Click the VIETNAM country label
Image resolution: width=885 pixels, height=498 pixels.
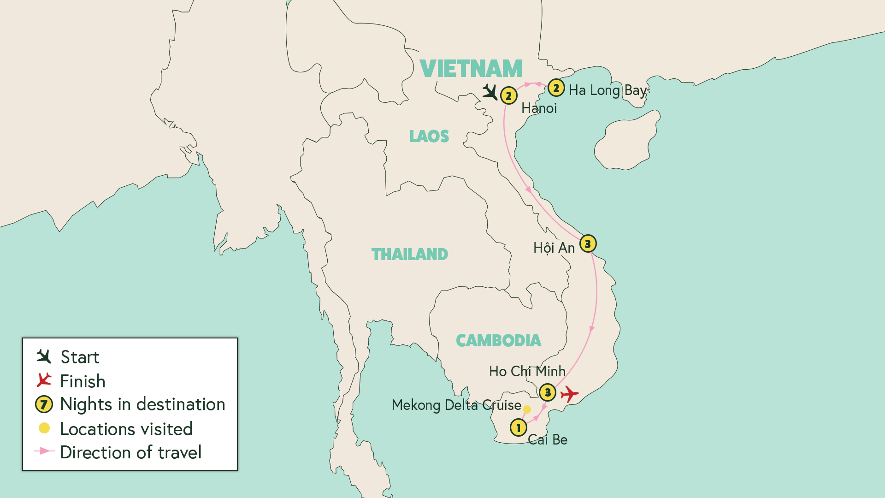[471, 69]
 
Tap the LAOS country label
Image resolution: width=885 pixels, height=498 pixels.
[429, 136]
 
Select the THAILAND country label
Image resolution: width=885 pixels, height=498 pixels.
[409, 255]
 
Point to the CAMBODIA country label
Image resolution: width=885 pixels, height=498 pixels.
[498, 341]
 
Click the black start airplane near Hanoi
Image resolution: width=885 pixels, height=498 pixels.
[490, 92]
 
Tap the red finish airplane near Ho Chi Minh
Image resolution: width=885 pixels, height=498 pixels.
[569, 394]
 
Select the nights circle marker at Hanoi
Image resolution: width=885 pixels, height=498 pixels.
[508, 96]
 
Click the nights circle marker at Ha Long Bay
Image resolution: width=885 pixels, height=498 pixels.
[556, 88]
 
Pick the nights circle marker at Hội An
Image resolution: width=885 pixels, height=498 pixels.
[588, 244]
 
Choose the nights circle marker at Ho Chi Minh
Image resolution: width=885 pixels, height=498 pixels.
[548, 393]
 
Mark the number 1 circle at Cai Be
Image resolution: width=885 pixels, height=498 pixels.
[519, 428]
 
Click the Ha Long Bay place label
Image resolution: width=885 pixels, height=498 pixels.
[608, 90]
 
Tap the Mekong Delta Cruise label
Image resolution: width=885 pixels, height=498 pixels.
[456, 405]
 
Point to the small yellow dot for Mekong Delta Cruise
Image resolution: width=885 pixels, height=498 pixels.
[527, 409]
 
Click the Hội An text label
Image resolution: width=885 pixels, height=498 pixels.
[554, 248]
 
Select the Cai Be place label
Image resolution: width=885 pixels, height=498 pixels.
[548, 440]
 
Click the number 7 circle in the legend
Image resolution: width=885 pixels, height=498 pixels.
[44, 405]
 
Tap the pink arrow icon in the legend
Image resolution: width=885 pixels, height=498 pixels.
[44, 451]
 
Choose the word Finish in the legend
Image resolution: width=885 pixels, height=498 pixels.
[83, 381]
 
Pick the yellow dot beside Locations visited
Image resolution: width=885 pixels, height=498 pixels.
[44, 428]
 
